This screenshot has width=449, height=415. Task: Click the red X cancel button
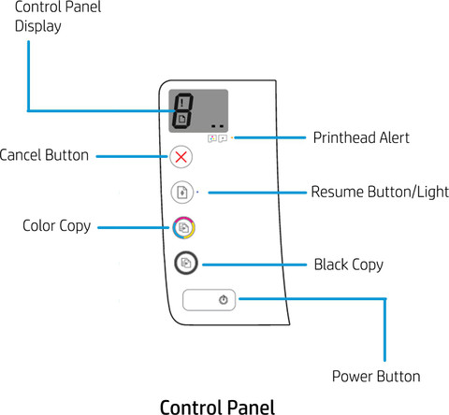(x=181, y=157)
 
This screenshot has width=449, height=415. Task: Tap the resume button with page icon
(x=182, y=193)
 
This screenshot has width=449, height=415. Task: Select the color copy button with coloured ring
(x=184, y=228)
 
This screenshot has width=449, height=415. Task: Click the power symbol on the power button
(x=224, y=300)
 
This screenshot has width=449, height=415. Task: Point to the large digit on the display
(x=182, y=110)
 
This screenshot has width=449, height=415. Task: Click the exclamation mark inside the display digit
(x=182, y=103)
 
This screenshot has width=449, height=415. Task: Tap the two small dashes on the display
(x=217, y=126)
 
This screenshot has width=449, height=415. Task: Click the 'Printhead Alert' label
(x=361, y=137)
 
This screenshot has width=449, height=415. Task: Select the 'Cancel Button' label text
(x=44, y=155)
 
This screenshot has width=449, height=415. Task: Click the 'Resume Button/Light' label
(x=380, y=192)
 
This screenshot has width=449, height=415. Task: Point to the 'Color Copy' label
(x=57, y=226)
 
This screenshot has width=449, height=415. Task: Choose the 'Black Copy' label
(x=349, y=265)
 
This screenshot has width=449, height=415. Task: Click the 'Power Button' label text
(x=376, y=377)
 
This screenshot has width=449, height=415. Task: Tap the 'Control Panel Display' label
(x=58, y=17)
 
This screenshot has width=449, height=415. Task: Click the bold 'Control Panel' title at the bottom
(x=217, y=407)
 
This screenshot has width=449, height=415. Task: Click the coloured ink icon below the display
(x=212, y=138)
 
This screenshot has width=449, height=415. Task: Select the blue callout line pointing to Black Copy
(x=254, y=265)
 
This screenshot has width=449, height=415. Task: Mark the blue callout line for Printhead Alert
(x=270, y=137)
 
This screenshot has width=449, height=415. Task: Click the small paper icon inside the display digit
(x=181, y=119)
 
